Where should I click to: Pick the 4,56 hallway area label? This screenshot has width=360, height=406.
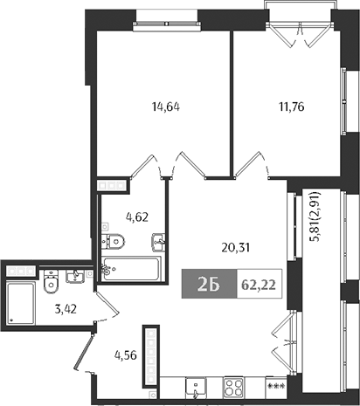click(125, 354)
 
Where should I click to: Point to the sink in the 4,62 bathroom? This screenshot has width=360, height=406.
click(157, 241)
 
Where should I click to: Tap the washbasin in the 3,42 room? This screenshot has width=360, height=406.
click(75, 278)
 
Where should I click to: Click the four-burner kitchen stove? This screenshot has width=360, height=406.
click(235, 385)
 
